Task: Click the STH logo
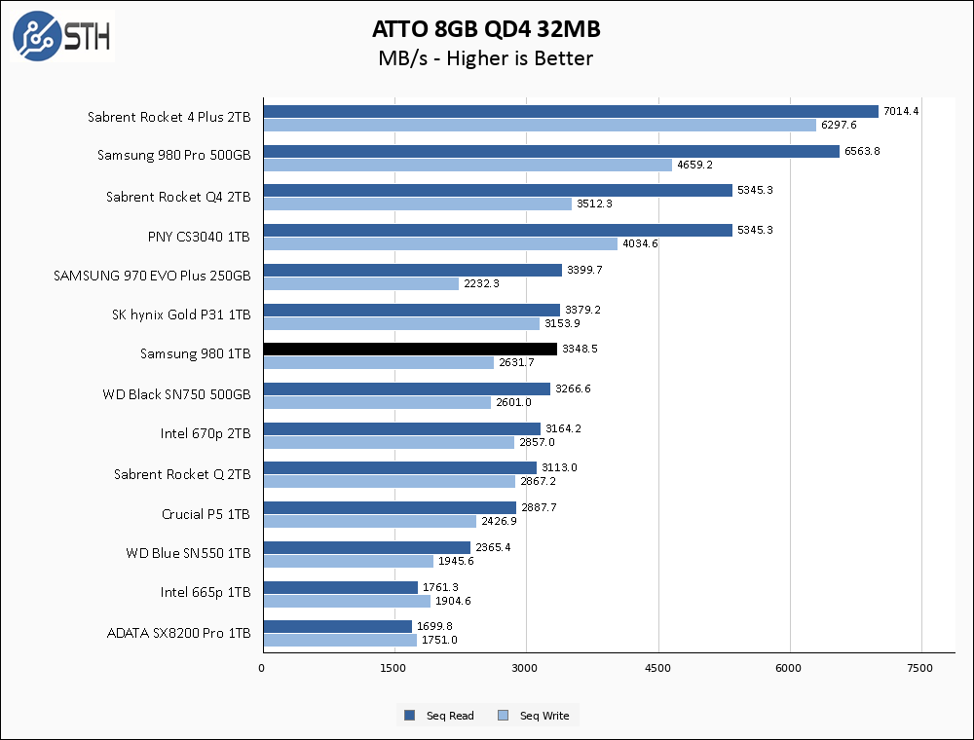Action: (61, 37)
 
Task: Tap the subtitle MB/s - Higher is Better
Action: (485, 58)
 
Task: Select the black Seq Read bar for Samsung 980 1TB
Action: (409, 349)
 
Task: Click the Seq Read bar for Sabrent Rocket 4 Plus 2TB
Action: (570, 111)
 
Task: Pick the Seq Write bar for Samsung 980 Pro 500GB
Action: (467, 165)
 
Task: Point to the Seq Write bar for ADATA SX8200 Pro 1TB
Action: (339, 640)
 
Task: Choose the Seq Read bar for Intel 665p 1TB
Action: (340, 587)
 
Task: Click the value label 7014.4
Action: (901, 111)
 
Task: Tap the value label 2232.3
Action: (481, 283)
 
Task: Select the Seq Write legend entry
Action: (534, 716)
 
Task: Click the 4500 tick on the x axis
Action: (658, 668)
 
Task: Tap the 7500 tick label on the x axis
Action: (920, 668)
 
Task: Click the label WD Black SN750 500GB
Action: (176, 394)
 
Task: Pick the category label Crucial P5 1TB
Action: (206, 513)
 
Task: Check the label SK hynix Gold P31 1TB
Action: (181, 314)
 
